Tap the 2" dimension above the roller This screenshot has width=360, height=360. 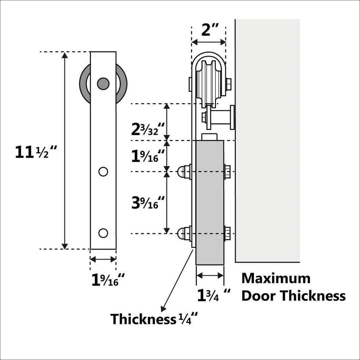coord(208,31)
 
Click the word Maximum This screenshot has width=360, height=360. coord(276,278)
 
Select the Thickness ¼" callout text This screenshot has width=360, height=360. coord(154,319)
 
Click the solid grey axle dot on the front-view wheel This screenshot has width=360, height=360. coord(103,84)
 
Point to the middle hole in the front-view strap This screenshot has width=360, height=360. coord(103,172)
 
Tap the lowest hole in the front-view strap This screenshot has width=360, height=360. coord(103,233)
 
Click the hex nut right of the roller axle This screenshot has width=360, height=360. coord(228,84)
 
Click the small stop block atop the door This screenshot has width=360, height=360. coord(210,137)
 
